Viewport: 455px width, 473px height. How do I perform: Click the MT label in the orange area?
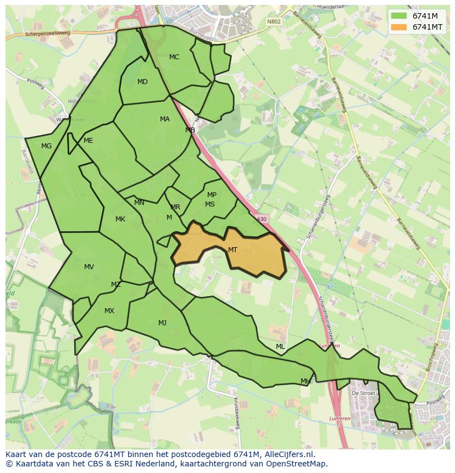point(232,250)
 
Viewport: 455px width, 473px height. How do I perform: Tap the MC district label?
point(174,57)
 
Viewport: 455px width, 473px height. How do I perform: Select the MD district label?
point(142,82)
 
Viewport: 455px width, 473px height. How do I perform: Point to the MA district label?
point(165,119)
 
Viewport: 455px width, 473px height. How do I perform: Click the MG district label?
point(46,146)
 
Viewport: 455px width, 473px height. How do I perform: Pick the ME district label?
point(88,141)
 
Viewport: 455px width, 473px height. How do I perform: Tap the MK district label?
point(120,219)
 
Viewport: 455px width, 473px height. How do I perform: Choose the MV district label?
point(89,267)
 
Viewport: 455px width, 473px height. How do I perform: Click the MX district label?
point(109,311)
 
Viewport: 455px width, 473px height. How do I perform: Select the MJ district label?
point(162,323)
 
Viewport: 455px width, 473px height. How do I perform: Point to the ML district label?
point(280,347)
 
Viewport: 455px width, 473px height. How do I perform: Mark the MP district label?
point(212,195)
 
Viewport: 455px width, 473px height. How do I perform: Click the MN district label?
point(139,203)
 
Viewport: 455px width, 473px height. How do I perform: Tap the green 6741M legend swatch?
point(399,16)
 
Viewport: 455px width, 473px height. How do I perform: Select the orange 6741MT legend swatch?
point(399,27)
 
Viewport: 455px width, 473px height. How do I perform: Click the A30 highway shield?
point(262,219)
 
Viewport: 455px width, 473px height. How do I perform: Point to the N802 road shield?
point(273,22)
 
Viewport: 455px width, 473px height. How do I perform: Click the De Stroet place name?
point(363,393)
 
